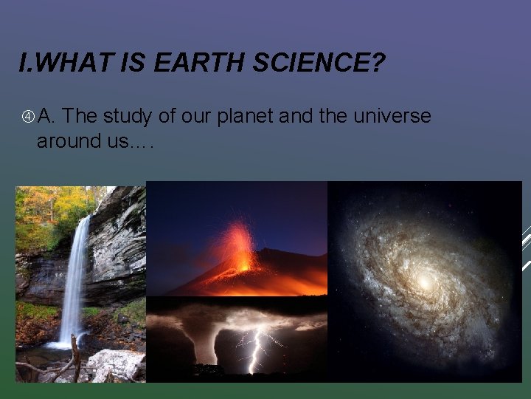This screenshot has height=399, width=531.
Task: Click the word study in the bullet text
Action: pos(128,117)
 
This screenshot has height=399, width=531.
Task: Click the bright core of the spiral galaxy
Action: pos(425,282)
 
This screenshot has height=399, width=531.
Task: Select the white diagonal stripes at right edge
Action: pos(525,248)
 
